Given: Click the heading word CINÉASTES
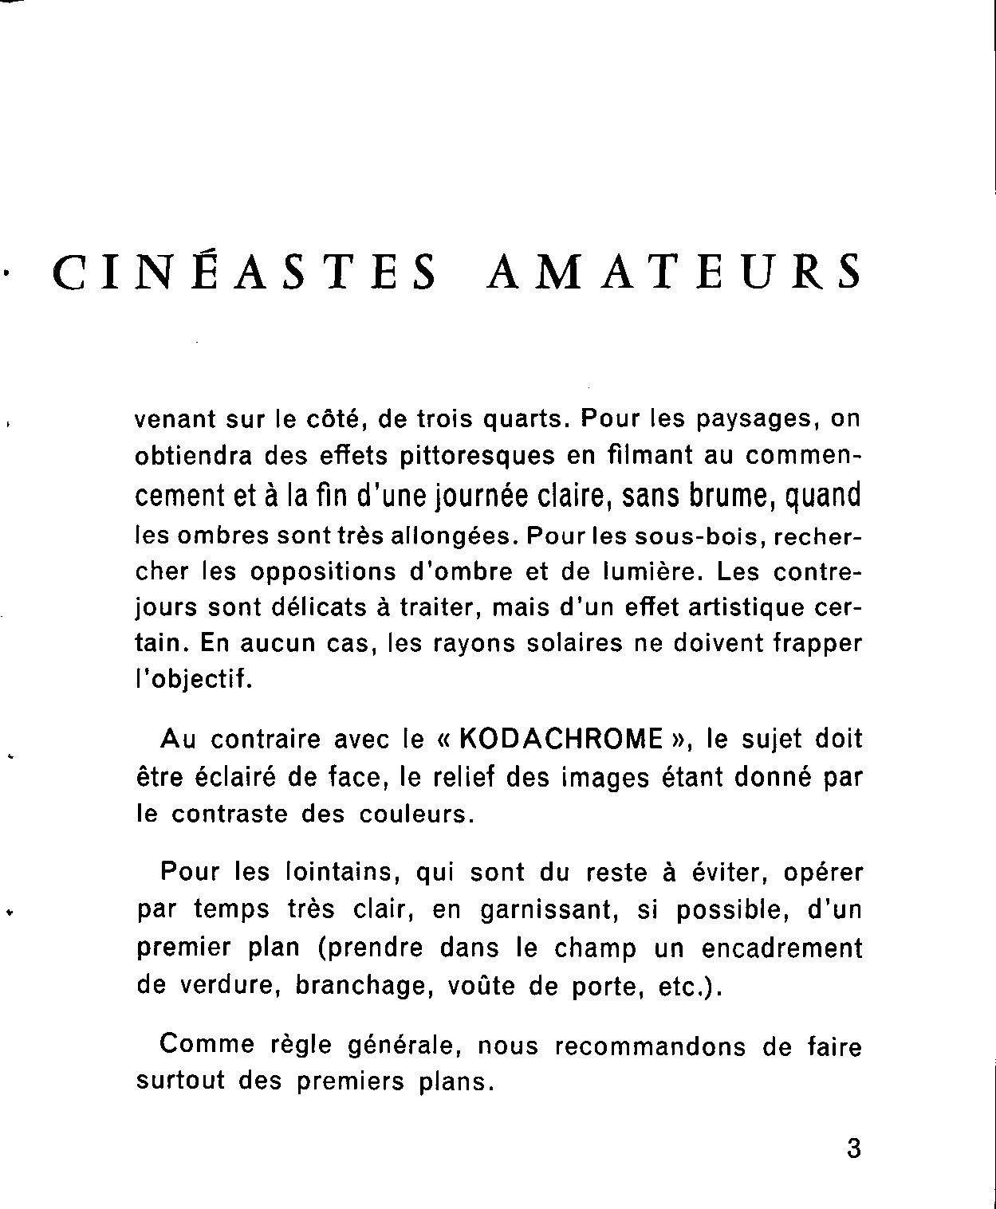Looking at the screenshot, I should click(245, 272).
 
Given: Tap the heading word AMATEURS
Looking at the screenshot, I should click(674, 272).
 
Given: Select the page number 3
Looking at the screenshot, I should click(853, 1150).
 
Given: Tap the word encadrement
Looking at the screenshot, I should click(781, 948).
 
